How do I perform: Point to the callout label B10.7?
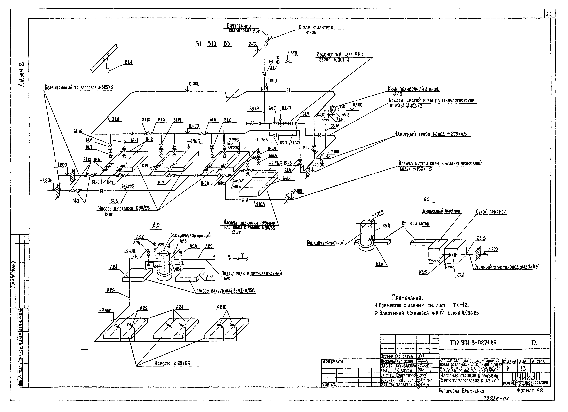coord(260,205)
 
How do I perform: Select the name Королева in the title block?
coord(404,356)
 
